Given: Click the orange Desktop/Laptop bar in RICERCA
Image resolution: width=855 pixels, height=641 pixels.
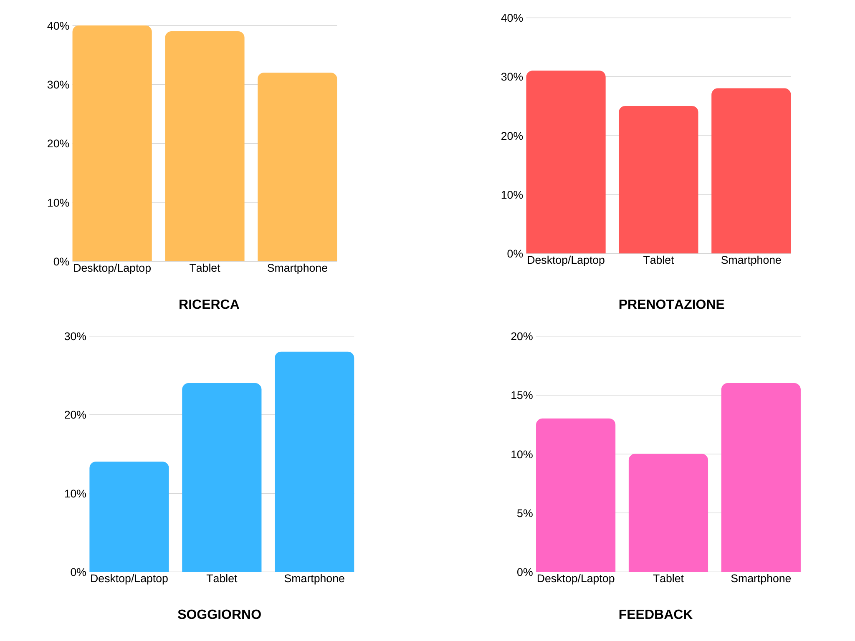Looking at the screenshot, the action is coord(112,143).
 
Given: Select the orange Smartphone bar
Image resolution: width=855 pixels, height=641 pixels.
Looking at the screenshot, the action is coord(297,167).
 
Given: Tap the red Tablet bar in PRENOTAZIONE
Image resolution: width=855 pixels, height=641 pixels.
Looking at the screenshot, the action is coord(658,179).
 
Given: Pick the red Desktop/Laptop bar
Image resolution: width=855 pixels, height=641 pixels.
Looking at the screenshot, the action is coord(566,162).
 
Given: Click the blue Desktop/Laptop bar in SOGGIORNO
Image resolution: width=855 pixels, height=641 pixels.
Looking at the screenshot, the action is coord(129,517).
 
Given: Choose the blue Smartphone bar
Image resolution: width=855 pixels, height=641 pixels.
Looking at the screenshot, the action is coord(314,462).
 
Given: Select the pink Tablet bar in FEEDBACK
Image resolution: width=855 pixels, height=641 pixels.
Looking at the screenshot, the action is coord(668,513).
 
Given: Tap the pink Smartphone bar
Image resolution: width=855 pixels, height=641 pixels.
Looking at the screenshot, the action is coord(761,477).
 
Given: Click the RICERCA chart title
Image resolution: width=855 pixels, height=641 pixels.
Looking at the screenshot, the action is coord(209,304).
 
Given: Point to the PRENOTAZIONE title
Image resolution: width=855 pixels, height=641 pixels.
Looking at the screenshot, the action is coord(671,304).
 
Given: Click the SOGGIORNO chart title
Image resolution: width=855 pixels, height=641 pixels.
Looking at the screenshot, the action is coord(219,614).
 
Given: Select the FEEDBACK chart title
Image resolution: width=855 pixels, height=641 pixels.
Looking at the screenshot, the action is coord(655,614).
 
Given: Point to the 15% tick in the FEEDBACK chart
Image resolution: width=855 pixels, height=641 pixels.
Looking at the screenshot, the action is coord(522,395).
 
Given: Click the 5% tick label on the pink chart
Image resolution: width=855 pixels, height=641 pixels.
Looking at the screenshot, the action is coord(525,513).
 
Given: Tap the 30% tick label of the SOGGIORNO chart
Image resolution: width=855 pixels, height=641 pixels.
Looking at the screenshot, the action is coord(75,336).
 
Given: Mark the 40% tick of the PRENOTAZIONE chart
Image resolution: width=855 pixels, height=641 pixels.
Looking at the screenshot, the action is coord(512,18).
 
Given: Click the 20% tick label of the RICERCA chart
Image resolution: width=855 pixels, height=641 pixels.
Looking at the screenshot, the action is coord(58,144).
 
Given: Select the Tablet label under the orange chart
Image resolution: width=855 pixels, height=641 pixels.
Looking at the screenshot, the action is coord(205,268).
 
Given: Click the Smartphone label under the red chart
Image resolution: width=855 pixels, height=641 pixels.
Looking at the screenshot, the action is coord(751,260).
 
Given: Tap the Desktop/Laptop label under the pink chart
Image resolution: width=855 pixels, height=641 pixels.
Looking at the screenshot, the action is coord(576,578).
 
